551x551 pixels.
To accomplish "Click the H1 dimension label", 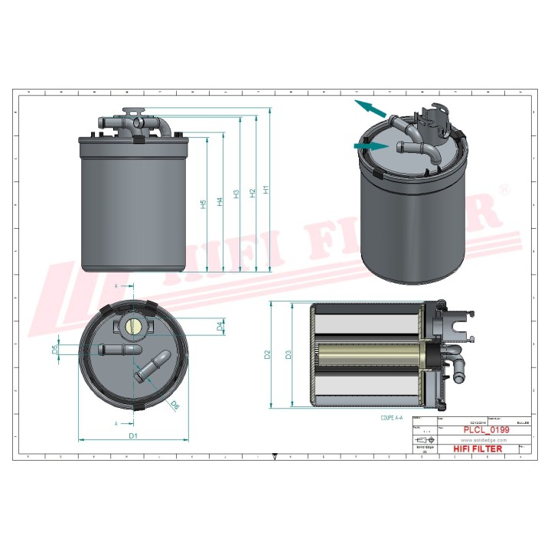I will pos(266,189).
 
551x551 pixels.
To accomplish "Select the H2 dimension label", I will pos(252,194).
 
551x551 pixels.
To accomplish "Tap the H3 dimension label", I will pos(236,194).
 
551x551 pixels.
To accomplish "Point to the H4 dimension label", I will pos(220,202).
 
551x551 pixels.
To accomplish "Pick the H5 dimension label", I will pos(204,204).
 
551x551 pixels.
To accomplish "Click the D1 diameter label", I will pos(132,435).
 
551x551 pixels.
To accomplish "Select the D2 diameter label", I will pos(267,354).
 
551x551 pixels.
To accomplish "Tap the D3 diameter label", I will pos(288,354).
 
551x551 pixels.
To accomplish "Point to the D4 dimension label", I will pos(220,327).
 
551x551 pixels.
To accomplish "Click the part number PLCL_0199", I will pos(486,431).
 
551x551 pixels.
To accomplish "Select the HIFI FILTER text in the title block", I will pos(478,448).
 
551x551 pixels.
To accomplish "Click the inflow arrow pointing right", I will pos(370,145).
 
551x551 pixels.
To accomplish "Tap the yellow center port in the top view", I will pos(132,327).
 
